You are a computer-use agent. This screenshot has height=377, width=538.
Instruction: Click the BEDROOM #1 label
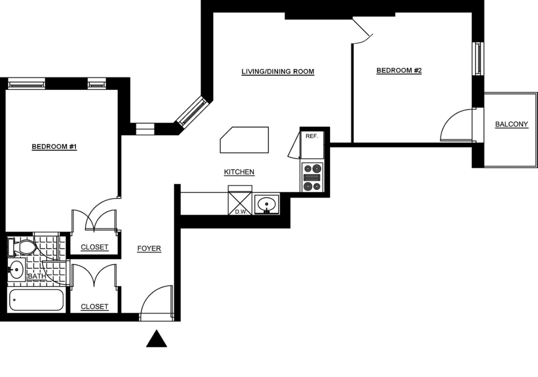pyautogui.click(x=54, y=146)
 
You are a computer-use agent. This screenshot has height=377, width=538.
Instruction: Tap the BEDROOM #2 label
pyautogui.click(x=399, y=70)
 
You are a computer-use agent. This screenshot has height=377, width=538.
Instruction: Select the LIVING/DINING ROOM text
pyautogui.click(x=278, y=72)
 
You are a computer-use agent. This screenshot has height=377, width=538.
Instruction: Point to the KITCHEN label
pyautogui.click(x=239, y=172)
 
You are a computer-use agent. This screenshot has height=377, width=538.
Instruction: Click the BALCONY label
pyautogui.click(x=511, y=124)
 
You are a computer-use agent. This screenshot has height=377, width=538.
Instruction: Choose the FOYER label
pyautogui.click(x=149, y=248)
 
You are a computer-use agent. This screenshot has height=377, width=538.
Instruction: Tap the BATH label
pyautogui.click(x=37, y=276)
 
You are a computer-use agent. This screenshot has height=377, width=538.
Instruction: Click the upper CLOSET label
pyautogui.click(x=95, y=247)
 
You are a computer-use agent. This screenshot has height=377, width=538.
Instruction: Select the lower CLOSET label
pyautogui.click(x=95, y=307)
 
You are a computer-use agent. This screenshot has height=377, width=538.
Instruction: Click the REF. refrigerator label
pyautogui.click(x=312, y=136)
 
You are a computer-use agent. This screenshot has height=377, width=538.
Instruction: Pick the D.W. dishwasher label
pyautogui.click(x=241, y=211)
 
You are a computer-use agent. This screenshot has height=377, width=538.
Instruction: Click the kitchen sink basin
pyautogui.click(x=267, y=205)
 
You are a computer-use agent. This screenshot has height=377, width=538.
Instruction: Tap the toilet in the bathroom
pyautogui.click(x=24, y=247)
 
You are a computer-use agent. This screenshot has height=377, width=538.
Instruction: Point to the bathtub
pyautogui.click(x=36, y=300)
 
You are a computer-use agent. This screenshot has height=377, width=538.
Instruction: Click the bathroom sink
pyautogui.click(x=16, y=270)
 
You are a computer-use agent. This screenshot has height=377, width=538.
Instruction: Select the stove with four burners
pyautogui.click(x=312, y=177)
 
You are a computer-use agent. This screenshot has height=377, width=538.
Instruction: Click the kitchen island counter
pyautogui.click(x=245, y=140)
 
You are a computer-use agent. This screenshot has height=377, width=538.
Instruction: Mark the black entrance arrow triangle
pyautogui.click(x=156, y=339)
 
